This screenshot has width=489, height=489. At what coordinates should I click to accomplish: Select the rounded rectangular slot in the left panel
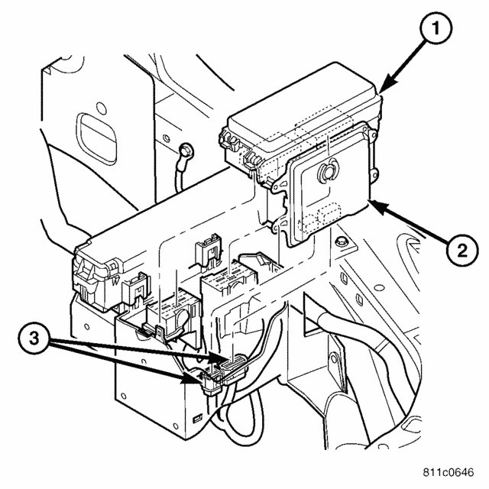click(95, 130)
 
